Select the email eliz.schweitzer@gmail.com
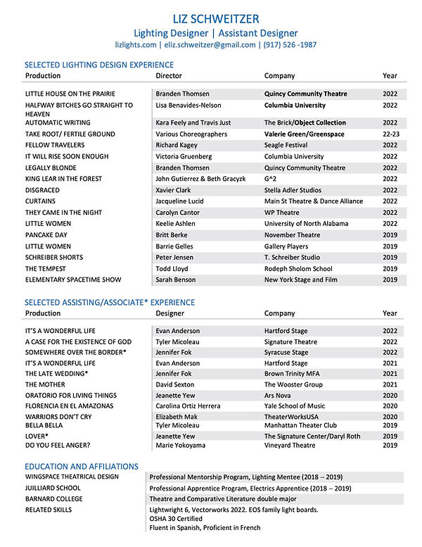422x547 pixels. [210, 44]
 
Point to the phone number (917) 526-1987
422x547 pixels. [289, 44]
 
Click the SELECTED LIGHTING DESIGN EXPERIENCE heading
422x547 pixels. [99, 65]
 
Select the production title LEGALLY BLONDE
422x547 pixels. [55, 168]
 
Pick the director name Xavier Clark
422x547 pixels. [174, 191]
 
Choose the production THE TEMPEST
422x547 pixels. [49, 268]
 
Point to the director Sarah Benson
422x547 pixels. [177, 279]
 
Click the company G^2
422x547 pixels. [272, 180]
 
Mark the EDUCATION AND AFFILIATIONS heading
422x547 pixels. [82, 466]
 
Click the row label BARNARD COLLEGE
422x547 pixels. [53, 498]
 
